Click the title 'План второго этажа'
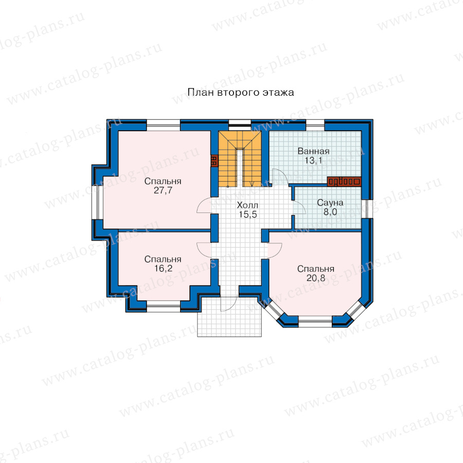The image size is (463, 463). click(x=241, y=93)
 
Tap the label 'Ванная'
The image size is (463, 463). click(x=313, y=151)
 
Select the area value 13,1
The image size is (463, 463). click(x=313, y=161)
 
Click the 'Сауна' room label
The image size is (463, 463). click(x=330, y=203)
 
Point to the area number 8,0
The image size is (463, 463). click(x=330, y=212)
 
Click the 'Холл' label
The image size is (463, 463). click(x=247, y=205)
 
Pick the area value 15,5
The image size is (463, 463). click(x=248, y=215)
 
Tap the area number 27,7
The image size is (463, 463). click(x=163, y=190)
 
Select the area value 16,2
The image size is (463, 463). click(x=163, y=269)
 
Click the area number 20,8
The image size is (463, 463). click(x=316, y=278)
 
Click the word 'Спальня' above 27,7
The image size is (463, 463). click(x=163, y=181)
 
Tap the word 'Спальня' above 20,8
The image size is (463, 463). click(x=316, y=269)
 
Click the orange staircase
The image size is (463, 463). click(x=240, y=158)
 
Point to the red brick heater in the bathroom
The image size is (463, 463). click(x=344, y=182)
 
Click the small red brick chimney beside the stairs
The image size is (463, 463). click(x=215, y=161)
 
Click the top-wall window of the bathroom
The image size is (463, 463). click(x=315, y=126)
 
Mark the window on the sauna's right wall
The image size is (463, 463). click(x=366, y=209)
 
